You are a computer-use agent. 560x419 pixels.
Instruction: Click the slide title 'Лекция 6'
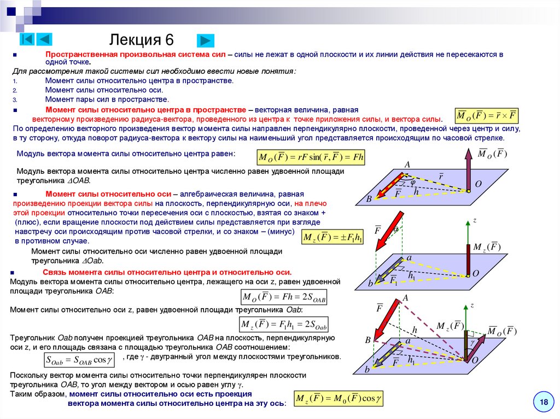(142, 40)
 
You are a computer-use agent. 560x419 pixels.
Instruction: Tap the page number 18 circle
(544, 403)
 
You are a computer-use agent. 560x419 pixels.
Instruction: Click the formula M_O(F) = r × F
(487, 116)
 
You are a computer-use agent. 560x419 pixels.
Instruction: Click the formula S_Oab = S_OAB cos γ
(79, 360)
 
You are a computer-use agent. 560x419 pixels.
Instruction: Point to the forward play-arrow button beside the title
(205, 40)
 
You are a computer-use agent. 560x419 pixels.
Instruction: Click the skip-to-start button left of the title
(27, 39)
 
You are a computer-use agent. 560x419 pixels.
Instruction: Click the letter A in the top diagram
(407, 164)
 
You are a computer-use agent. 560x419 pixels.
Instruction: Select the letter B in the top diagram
(369, 199)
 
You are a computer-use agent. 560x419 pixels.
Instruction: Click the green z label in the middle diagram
(475, 220)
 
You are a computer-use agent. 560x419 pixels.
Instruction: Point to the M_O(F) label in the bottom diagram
(502, 331)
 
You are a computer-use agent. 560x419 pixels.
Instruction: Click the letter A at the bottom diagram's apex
(406, 298)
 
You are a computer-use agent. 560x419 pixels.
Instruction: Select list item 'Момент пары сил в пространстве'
(107, 99)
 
